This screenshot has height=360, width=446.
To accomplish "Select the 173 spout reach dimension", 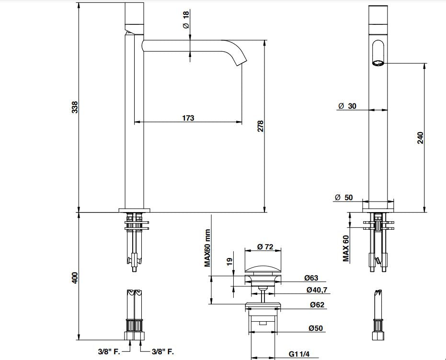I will click(x=188, y=118).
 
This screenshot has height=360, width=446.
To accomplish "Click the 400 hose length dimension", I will click(x=75, y=277).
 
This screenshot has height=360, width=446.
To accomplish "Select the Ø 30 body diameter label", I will click(x=347, y=106).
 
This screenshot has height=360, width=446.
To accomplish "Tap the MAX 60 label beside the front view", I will click(x=345, y=248).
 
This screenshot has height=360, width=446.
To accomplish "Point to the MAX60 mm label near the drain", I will click(x=207, y=248).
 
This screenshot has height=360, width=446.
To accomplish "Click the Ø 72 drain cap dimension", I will click(x=264, y=247).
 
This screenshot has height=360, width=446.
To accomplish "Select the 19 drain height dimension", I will click(x=229, y=261).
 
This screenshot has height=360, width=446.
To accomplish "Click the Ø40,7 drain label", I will click(x=317, y=290).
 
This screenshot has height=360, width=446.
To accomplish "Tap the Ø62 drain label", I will click(x=317, y=304).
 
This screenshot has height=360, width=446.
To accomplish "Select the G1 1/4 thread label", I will click(x=299, y=354).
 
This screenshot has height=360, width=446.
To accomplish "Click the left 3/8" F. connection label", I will click(x=109, y=351).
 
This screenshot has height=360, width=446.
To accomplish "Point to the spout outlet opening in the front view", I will click(x=378, y=62).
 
